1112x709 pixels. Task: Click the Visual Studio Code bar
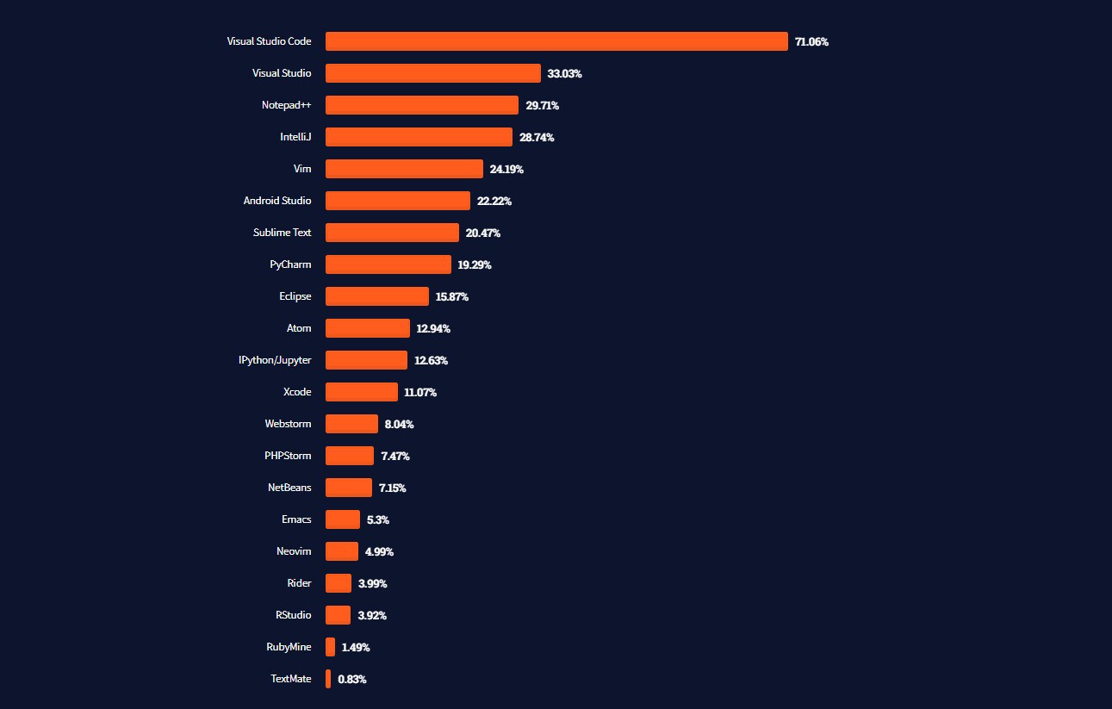(x=556, y=41)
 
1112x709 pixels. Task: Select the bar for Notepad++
(x=422, y=105)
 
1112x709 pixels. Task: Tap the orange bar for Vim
(x=404, y=169)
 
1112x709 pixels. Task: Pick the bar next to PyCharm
(x=388, y=264)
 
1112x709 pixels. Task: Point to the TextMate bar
(x=328, y=679)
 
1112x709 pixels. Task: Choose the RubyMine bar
(x=330, y=647)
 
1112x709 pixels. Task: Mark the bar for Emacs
(x=343, y=519)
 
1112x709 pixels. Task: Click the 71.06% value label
(x=811, y=42)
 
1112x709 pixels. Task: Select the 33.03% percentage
(x=564, y=74)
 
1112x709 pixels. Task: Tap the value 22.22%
(x=494, y=202)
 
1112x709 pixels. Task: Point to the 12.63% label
(x=431, y=361)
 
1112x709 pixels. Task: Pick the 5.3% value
(x=378, y=520)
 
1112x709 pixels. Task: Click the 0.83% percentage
(x=351, y=680)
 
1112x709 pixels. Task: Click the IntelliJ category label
(x=295, y=137)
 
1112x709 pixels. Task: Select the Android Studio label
(x=277, y=201)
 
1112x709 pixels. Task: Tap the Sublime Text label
(x=282, y=233)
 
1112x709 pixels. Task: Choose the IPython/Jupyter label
(x=275, y=360)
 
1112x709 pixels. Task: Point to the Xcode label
(x=297, y=392)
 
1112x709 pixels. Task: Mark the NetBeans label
(x=289, y=488)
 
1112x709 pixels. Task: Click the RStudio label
(x=293, y=615)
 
